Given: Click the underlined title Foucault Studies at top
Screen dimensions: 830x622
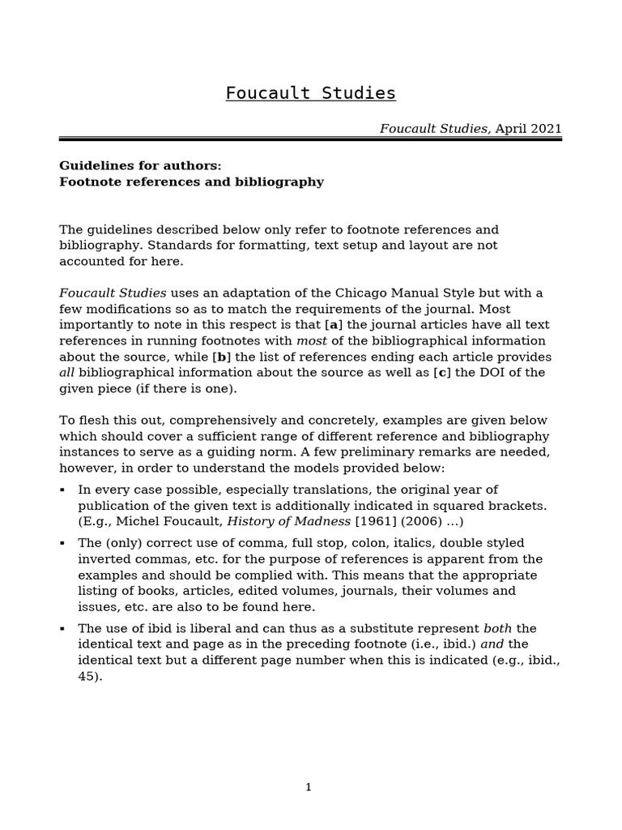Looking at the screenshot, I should [310, 93].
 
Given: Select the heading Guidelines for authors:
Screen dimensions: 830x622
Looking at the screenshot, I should [140, 165].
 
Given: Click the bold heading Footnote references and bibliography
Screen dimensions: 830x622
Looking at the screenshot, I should [191, 182].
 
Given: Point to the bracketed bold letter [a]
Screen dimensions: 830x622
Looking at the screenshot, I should [331, 325].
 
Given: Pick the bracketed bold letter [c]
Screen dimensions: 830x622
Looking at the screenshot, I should [442, 372].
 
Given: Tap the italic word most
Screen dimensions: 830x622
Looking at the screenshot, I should [312, 340].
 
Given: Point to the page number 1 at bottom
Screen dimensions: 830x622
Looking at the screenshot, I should [308, 787].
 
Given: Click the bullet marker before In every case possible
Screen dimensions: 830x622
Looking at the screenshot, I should [63, 490].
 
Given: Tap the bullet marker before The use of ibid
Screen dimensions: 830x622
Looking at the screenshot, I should [63, 629].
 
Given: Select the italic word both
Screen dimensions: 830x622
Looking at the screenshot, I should [498, 628].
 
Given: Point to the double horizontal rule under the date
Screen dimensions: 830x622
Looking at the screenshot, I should [310, 139].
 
